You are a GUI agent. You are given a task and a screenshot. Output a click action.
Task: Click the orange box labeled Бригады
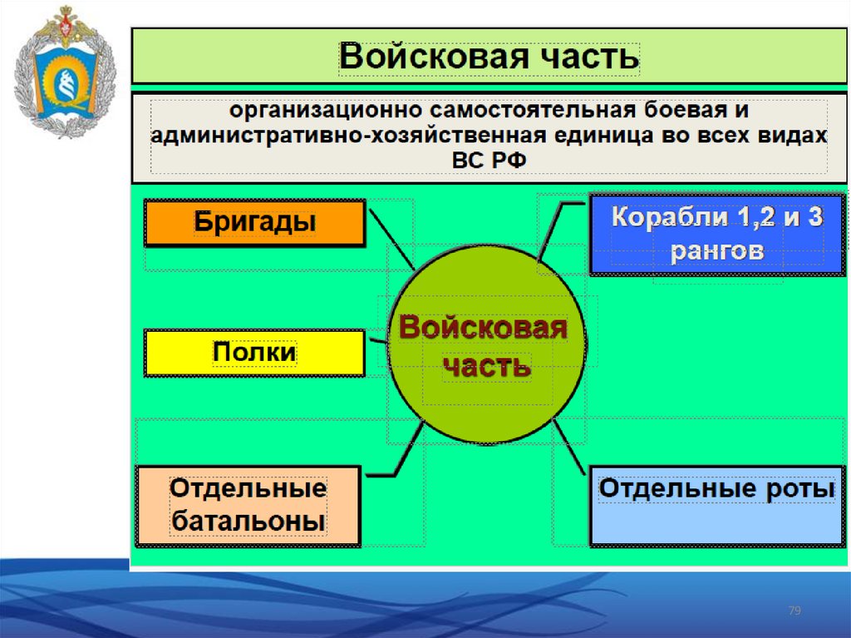pos(254,223)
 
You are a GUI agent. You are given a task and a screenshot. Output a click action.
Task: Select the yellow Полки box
pos(254,353)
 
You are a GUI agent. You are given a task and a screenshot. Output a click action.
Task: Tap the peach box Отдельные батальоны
pos(248,506)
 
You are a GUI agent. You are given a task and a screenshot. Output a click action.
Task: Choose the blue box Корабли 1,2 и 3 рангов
pos(716,234)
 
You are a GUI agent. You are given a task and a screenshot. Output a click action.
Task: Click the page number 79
pos(794,611)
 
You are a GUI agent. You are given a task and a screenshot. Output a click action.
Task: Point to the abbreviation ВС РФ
pos(489,160)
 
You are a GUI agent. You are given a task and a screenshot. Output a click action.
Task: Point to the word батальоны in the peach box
pos(248,522)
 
